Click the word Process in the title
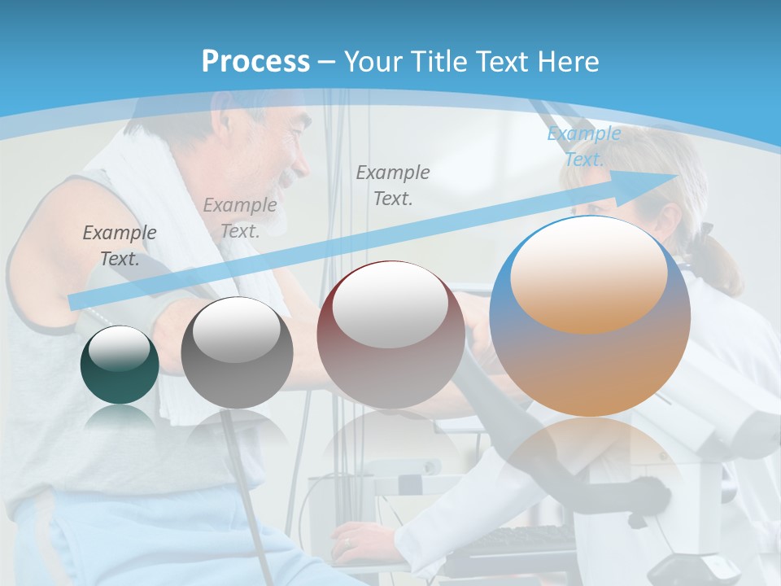pos(255,62)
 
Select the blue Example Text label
pos(583,146)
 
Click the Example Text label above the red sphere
pos(393,185)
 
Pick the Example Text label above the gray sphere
pos(240,217)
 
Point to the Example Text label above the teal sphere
pos(120,245)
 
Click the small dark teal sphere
pos(120,365)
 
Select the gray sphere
pos(237,353)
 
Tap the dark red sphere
pos(390,335)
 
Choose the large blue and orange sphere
pos(590,317)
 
